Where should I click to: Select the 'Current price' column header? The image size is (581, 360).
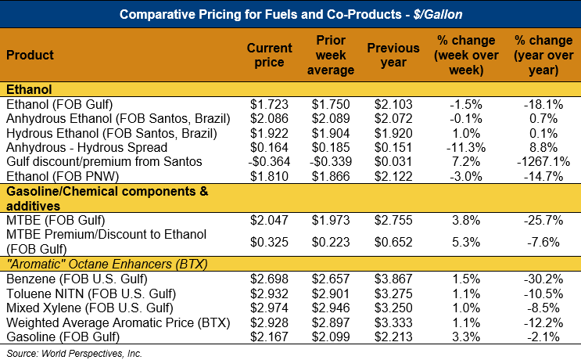[269, 56]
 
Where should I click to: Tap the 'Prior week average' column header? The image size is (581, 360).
[332, 56]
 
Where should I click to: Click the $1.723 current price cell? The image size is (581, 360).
[269, 103]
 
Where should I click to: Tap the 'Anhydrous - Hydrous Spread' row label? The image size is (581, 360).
[86, 147]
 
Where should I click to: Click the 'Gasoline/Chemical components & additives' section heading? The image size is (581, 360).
[106, 197]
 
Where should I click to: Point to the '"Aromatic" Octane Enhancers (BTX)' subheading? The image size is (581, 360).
[106, 264]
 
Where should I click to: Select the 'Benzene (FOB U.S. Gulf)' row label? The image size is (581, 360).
[67, 279]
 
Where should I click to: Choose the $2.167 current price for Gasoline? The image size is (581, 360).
[269, 337]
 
